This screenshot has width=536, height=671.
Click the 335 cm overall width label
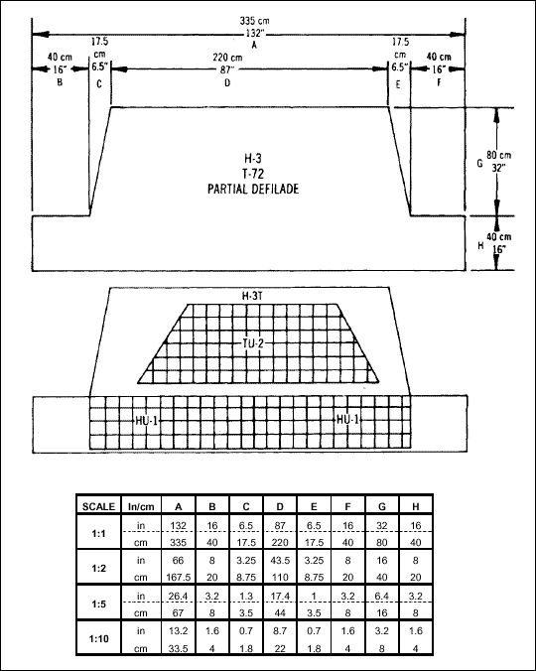coord(254,21)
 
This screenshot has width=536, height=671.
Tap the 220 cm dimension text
coord(227,58)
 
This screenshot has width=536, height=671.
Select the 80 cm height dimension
coord(499,155)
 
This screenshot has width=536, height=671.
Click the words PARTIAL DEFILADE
coord(253,189)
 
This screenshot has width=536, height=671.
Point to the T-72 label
coord(253,174)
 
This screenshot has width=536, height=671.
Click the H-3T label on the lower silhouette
coord(252,296)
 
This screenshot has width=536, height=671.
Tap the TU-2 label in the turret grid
coord(253,343)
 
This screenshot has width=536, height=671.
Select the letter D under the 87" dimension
coord(227,82)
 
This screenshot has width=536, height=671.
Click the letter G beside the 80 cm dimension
coord(479,163)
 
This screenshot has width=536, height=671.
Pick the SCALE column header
coord(98,506)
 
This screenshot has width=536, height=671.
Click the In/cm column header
coord(141,506)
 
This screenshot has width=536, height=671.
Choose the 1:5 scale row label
coord(98,604)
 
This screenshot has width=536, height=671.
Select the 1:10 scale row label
coord(99,639)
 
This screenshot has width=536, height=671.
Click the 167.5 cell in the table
coord(179,578)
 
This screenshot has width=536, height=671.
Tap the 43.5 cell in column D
coord(280,560)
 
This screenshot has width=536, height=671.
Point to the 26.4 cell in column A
coord(178,596)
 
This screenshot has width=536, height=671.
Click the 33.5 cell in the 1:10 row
coord(179,649)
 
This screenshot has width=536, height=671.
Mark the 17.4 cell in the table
coord(280,596)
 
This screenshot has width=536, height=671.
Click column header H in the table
coord(415,506)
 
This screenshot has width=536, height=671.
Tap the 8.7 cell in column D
coord(280,630)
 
